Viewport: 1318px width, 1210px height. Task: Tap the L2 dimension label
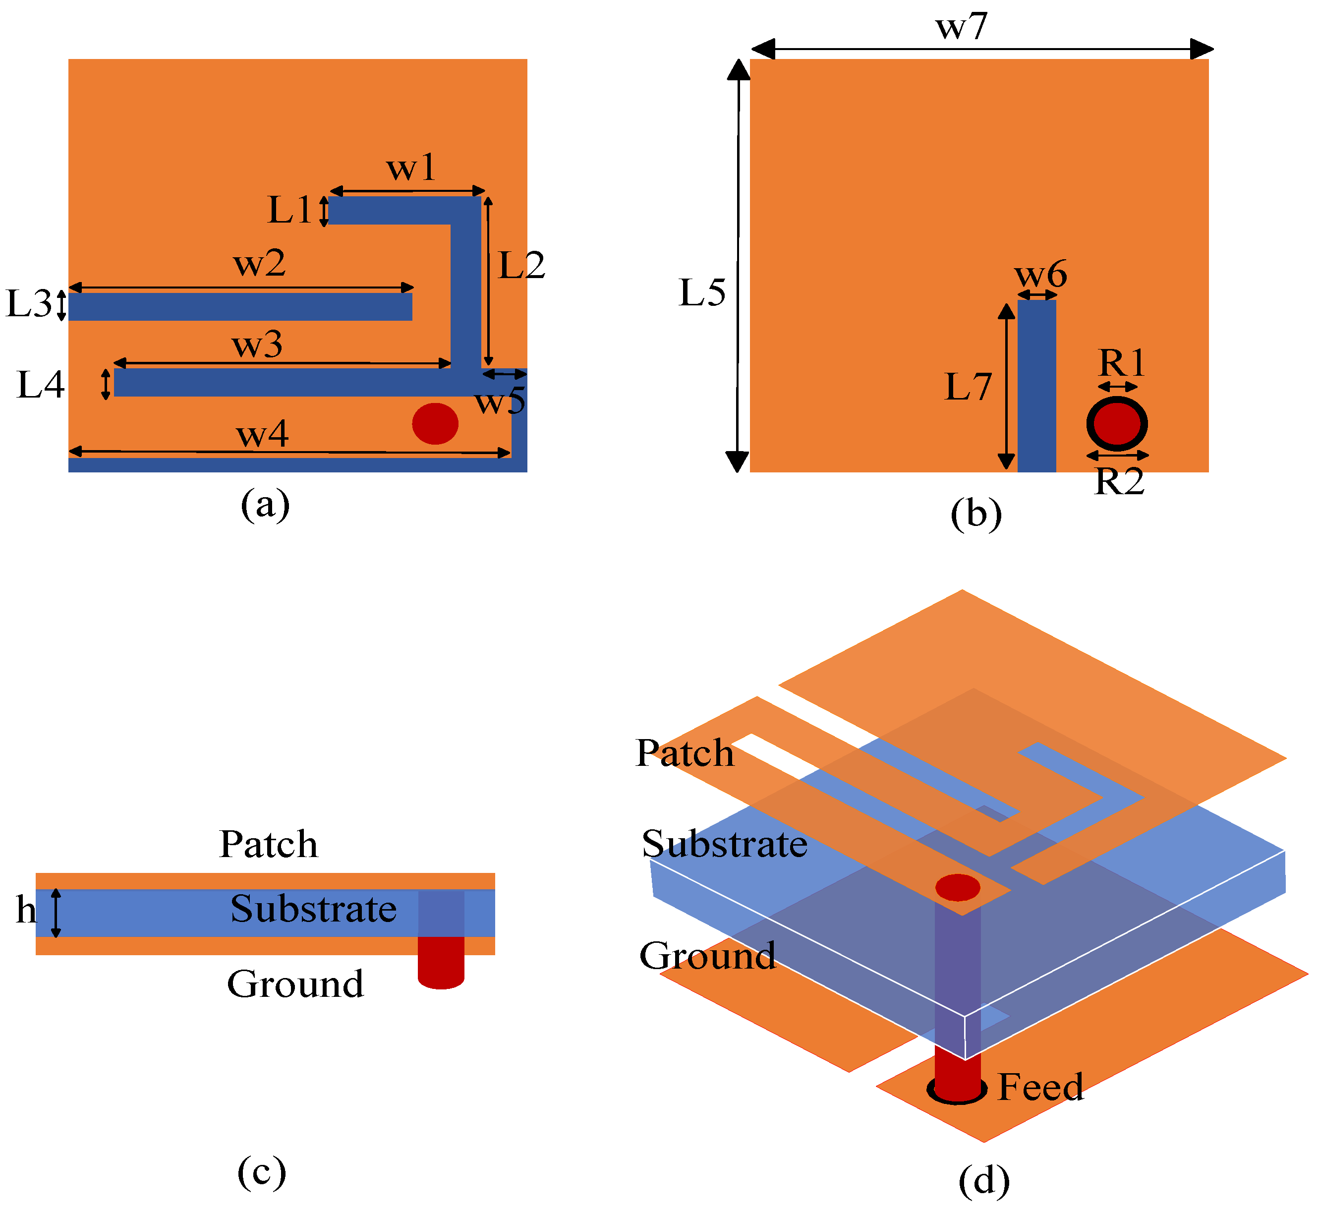(522, 265)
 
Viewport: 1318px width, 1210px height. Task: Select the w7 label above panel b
(961, 27)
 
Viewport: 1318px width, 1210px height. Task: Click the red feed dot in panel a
(435, 424)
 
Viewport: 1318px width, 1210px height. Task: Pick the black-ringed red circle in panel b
(1117, 424)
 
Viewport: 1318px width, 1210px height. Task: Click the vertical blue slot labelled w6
(1036, 386)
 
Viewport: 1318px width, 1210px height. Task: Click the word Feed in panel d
(1040, 1088)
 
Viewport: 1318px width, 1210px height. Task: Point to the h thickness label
(26, 910)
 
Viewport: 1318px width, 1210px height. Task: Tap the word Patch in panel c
(269, 844)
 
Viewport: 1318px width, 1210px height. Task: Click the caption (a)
(265, 505)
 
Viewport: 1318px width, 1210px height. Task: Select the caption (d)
(984, 1181)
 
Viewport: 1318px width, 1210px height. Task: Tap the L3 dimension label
(29, 304)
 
